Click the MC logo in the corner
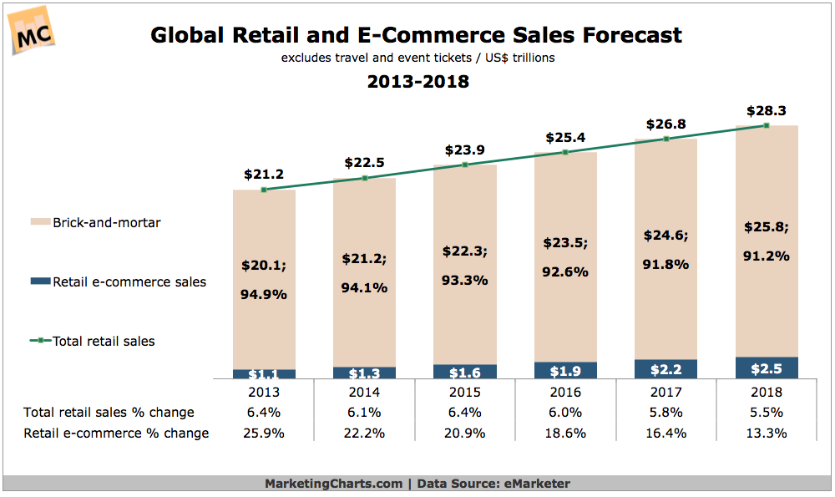pos(32,31)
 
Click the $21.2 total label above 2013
pos(264,175)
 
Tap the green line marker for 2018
pos(767,125)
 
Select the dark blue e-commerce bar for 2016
pos(565,370)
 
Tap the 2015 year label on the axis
pos(465,392)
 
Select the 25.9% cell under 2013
pos(264,433)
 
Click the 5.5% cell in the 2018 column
pos(767,412)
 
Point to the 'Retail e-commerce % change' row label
pos(116,433)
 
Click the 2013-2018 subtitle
pos(417,82)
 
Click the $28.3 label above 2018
pos(767,110)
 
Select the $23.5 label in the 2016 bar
pos(565,242)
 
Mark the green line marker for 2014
pos(364,178)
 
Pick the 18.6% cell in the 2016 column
pos(565,433)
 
